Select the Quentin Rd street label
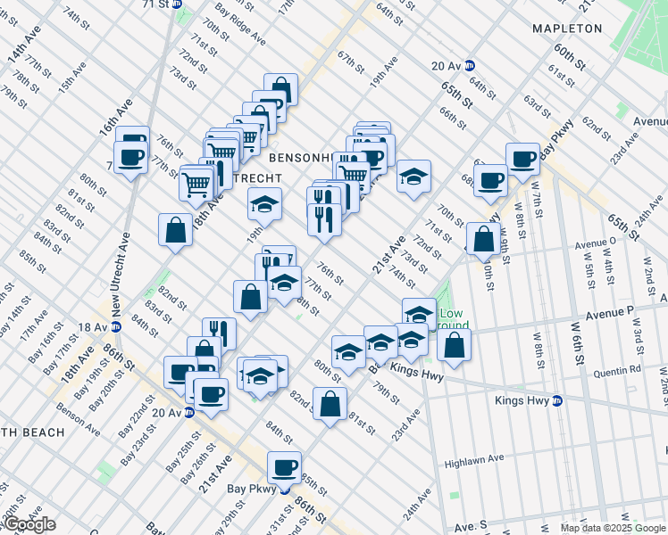pos(622,368)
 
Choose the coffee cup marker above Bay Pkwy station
pos(286,466)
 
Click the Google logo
pos(29,524)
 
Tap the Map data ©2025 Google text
pos(613,528)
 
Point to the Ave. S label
pos(472,529)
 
